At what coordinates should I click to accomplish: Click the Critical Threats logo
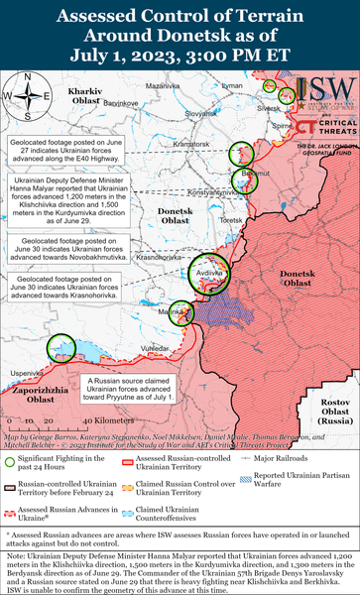(326, 126)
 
